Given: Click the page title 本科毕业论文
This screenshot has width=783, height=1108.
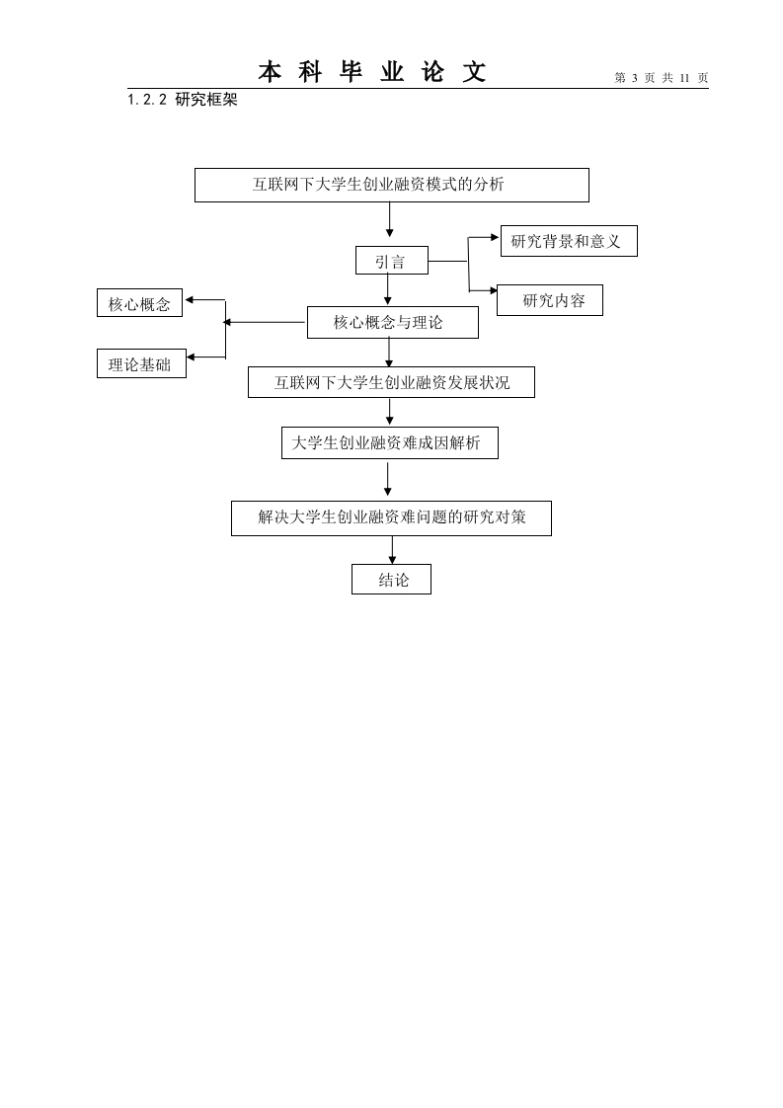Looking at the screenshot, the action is [371, 72].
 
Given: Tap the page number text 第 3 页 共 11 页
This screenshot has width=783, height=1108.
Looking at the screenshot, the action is [662, 78].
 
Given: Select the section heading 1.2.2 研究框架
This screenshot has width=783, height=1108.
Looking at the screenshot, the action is [183, 100].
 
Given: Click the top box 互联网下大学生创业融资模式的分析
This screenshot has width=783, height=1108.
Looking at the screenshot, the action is [391, 185].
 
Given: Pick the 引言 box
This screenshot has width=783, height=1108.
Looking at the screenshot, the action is [391, 260].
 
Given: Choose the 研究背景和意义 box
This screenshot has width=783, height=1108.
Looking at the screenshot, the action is [569, 241].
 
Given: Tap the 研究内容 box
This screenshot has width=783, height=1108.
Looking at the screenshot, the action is [550, 300].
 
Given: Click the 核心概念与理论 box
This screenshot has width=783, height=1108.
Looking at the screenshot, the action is [392, 322].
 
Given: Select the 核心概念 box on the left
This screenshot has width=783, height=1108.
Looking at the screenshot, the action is [139, 303].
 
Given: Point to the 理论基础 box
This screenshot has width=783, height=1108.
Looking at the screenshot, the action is [141, 363].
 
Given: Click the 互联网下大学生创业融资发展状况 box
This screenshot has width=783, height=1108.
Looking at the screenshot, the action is [391, 382].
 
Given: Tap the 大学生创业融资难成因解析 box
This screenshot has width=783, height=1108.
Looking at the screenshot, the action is [389, 443].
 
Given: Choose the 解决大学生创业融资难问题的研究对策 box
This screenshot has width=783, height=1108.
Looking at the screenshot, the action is [391, 518].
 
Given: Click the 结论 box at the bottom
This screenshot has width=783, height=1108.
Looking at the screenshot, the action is [391, 580].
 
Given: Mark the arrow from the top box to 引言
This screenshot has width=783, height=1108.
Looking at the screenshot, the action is [389, 220].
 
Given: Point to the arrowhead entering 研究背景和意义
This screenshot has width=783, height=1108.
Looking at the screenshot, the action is [496, 237].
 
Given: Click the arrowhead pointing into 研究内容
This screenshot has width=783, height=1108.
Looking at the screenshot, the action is [493, 289].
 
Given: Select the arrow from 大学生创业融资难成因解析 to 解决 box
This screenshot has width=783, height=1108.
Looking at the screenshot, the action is [387, 478].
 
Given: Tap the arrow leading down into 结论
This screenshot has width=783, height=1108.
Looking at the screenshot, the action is [392, 550].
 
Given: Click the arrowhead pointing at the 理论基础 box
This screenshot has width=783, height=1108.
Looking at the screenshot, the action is [191, 356].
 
